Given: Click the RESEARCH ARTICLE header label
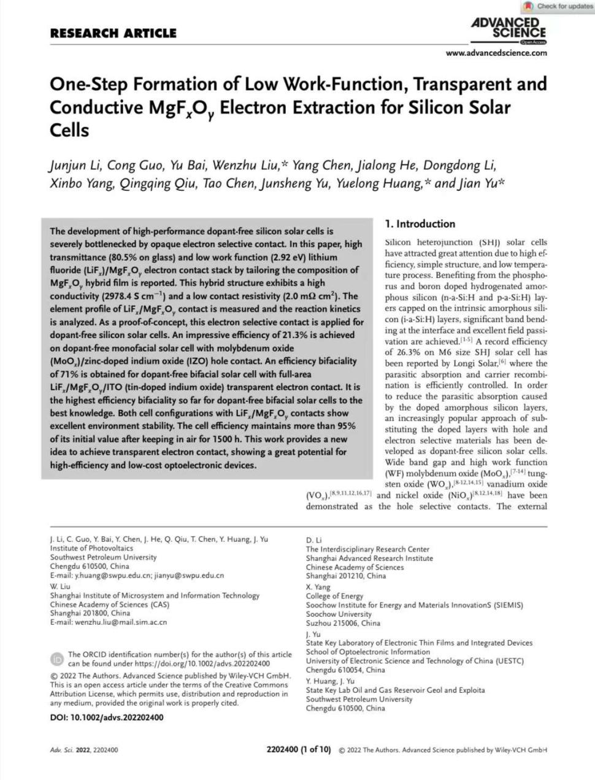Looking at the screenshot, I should pyautogui.click(x=113, y=33).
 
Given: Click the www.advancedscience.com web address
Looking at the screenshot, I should pyautogui.click(x=496, y=53).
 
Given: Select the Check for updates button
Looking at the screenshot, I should pyautogui.click(x=559, y=7).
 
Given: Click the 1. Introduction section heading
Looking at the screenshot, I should pyautogui.click(x=420, y=224).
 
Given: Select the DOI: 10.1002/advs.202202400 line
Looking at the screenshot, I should pyautogui.click(x=107, y=717).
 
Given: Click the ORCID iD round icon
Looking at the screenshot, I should pyautogui.click(x=57, y=659).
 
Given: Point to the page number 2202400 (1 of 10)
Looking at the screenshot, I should pyautogui.click(x=299, y=749).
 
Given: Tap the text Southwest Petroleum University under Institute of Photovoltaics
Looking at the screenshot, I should pyautogui.click(x=103, y=557).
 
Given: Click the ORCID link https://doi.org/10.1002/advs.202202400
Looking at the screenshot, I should pyautogui.click(x=202, y=663).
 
